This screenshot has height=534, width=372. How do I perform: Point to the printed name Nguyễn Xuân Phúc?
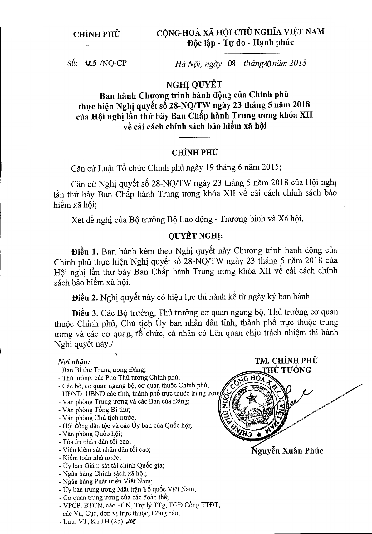pos(287,451)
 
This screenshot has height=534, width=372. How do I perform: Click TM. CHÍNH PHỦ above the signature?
pos(286,361)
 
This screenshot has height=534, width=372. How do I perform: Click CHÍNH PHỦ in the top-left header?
pos(96,34)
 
